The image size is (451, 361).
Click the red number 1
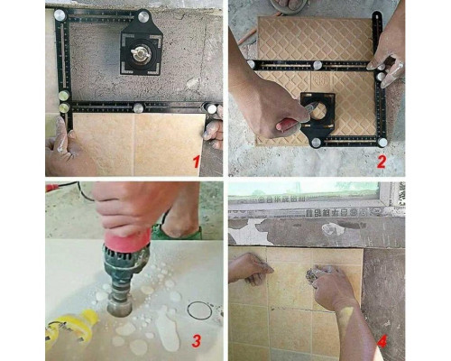pyautogui.click(x=197, y=162)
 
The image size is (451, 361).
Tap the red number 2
pyautogui.click(x=381, y=162)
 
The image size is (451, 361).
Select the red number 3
pyautogui.click(x=196, y=341)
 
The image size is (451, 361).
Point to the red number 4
pyautogui.click(x=382, y=342)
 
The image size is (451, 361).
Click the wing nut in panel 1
pyautogui.click(x=141, y=51)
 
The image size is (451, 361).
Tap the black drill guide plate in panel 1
pyautogui.click(x=141, y=49)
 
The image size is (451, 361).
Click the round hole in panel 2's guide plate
pyautogui.click(x=319, y=112)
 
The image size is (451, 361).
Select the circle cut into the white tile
pyautogui.click(x=199, y=310)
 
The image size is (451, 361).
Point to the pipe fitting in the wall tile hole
pyautogui.click(x=313, y=274)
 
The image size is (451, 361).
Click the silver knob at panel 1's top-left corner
pyautogui.click(x=60, y=15)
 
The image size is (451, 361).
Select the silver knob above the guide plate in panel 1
pyautogui.click(x=144, y=16)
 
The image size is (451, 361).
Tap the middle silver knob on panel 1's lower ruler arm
pyautogui.click(x=138, y=108)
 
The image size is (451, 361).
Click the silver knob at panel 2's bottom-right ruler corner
pyautogui.click(x=382, y=143)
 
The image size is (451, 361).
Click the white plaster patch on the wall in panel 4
pyautogui.click(x=333, y=229)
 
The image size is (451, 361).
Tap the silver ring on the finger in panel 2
pyautogui.click(x=400, y=65)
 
